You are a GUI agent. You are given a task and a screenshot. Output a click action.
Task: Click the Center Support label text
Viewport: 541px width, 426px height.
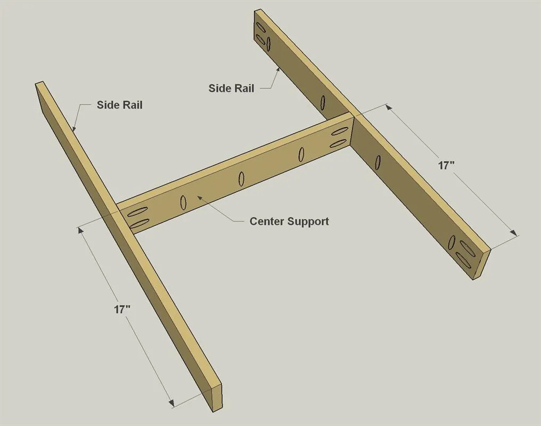289,222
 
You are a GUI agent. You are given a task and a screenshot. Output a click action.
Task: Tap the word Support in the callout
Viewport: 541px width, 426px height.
308,222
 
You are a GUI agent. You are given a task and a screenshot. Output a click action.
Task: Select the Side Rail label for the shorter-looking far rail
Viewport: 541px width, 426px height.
231,88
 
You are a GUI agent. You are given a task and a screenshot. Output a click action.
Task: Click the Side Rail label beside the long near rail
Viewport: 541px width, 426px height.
119,105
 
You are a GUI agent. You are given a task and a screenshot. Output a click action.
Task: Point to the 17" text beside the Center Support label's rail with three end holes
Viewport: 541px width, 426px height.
446,166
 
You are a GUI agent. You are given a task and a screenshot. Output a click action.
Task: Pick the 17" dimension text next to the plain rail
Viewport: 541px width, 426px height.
122,309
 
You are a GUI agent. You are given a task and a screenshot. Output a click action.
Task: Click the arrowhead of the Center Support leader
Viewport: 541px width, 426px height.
200,198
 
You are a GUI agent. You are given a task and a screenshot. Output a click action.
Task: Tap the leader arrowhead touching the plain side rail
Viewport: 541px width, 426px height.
74,129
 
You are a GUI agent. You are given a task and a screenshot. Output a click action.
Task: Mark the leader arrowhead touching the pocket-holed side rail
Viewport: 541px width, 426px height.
278,70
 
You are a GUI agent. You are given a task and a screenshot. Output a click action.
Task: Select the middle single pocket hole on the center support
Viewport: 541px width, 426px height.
242,179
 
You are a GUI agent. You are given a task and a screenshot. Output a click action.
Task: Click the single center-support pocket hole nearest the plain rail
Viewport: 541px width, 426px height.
183,202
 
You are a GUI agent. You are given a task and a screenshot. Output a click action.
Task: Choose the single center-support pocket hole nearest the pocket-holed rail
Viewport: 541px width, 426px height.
301,154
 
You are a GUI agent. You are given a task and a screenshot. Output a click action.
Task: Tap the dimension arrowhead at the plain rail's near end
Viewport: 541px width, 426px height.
171,403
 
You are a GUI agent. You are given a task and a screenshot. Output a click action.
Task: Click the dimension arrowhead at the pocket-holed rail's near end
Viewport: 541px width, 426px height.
513,233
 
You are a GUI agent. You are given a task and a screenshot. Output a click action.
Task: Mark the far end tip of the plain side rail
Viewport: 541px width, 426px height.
39,83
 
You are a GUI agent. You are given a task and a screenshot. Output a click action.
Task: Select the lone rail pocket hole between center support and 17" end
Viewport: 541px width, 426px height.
378,162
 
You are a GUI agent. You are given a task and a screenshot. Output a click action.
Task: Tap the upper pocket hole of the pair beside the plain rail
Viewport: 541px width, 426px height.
138,211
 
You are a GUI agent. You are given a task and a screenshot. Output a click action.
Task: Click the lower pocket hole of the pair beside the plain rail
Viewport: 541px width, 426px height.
138,223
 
